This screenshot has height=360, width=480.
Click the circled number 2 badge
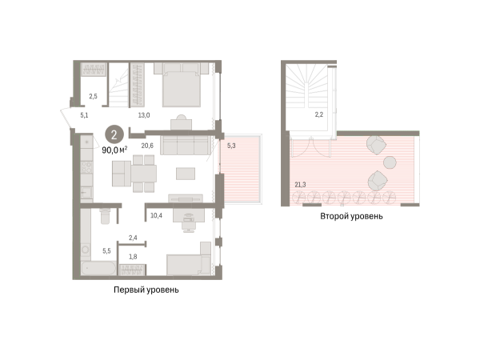coord(114,134)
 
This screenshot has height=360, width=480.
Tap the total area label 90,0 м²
coord(114,150)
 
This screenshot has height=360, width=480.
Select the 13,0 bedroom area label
coord(144,115)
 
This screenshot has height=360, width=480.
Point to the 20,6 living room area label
coord(147,146)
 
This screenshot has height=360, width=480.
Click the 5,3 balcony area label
coord(231,146)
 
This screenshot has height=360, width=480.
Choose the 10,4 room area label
coord(156,215)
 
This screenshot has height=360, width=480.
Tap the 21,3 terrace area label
coord(300,185)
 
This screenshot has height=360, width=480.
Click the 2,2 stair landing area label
coord(319,114)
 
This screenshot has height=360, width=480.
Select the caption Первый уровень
coord(146,290)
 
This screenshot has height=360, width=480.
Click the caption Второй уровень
coord(351,216)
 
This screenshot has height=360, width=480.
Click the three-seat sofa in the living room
coord(186,145)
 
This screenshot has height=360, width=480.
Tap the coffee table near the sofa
coord(186,174)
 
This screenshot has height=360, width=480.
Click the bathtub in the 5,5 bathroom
coord(98,268)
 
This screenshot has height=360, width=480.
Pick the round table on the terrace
coord(390,162)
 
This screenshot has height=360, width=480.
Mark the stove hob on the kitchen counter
coord(86,168)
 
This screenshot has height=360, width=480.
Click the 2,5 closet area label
coord(93,97)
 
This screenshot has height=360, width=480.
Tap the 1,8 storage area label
coord(133,257)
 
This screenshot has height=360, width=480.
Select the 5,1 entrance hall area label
coord(84,115)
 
